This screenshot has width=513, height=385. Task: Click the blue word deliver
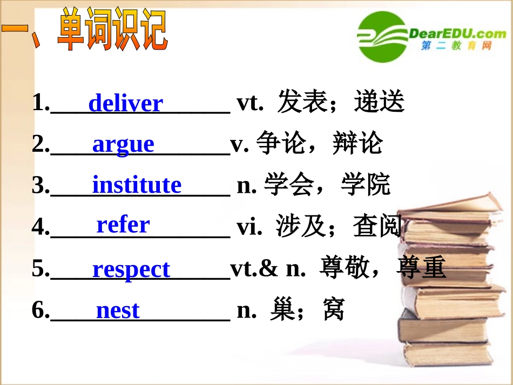(x=125, y=103)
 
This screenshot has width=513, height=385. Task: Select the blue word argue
(x=123, y=144)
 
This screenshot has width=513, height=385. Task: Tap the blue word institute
(x=137, y=185)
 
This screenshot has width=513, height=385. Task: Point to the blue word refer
(x=123, y=225)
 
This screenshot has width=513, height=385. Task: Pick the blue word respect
(x=131, y=269)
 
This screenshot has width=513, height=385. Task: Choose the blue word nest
(x=118, y=310)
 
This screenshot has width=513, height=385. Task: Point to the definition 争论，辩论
(x=320, y=144)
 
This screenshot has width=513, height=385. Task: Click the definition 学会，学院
(x=327, y=185)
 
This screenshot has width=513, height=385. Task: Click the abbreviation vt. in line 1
(x=250, y=103)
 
